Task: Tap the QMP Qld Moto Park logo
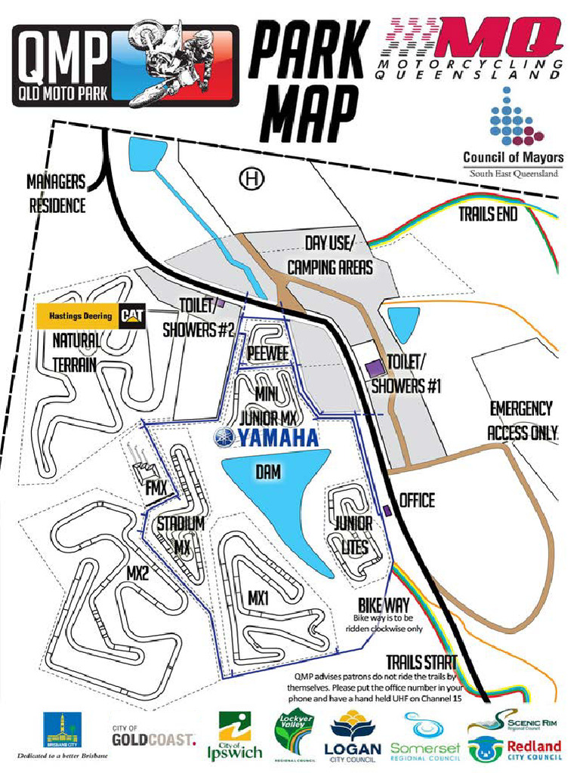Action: [125, 65]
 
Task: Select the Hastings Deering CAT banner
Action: [92, 316]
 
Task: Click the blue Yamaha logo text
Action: [266, 437]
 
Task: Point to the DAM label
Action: [268, 471]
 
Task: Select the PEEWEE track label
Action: [268, 354]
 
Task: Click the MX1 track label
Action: [259, 597]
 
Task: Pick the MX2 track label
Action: [137, 573]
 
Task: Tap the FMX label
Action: [156, 489]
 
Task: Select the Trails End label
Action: [487, 214]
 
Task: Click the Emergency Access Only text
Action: [522, 420]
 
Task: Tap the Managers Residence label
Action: [57, 193]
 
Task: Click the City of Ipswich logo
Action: [234, 737]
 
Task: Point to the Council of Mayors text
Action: [513, 157]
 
